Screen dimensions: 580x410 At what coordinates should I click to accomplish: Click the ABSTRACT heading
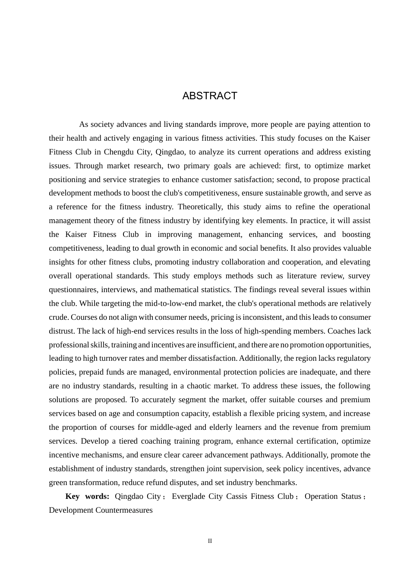(x=210, y=96)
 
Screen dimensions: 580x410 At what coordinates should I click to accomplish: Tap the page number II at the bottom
(x=210, y=541)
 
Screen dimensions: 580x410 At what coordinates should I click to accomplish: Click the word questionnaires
(x=73, y=290)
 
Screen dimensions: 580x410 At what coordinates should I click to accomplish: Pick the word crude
(x=58, y=317)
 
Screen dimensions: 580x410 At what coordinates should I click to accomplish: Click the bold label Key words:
(x=87, y=496)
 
